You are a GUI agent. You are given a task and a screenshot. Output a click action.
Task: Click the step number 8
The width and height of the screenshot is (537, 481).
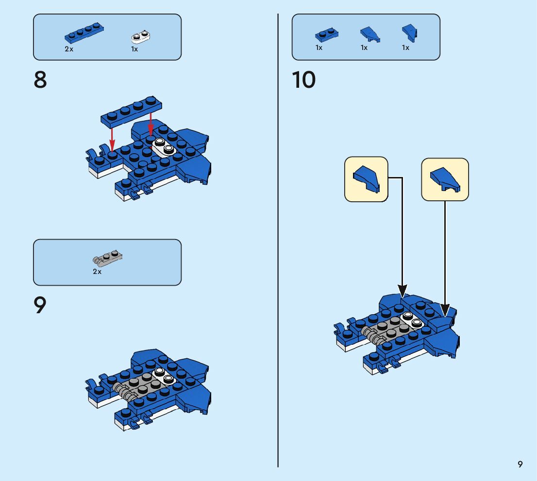(x=40, y=80)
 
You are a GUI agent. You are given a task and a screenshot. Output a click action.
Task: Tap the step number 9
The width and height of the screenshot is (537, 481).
(x=40, y=305)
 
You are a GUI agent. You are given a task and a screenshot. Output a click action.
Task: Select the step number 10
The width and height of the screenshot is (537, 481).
(x=304, y=80)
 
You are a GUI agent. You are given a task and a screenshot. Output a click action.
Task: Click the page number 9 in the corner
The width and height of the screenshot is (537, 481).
(x=520, y=464)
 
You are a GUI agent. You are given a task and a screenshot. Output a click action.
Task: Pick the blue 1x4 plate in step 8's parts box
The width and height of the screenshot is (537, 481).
(x=84, y=33)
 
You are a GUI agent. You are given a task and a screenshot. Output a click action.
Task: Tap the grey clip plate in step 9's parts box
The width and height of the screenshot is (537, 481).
(x=107, y=258)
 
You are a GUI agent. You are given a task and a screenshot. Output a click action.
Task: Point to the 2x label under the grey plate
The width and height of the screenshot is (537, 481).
(x=97, y=272)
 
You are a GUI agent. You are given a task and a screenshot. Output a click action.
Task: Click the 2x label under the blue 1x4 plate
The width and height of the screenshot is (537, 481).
(x=69, y=49)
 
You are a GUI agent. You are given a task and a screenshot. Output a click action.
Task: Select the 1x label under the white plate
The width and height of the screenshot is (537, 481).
(x=134, y=49)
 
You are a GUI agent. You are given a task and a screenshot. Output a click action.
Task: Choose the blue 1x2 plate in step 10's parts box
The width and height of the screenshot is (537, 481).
(x=327, y=34)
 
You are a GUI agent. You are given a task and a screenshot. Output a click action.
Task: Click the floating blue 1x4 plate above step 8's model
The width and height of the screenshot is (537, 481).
(x=131, y=111)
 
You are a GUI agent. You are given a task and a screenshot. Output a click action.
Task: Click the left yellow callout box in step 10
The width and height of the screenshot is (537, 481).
(x=366, y=179)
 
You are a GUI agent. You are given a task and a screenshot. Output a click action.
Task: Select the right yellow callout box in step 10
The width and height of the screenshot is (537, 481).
(x=445, y=179)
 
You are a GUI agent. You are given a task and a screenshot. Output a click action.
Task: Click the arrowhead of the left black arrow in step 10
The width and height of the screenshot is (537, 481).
(x=403, y=291)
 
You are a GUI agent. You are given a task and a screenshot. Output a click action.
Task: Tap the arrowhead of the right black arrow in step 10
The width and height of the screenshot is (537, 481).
(x=445, y=311)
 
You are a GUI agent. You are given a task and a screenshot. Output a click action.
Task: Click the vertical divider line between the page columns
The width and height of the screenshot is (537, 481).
(x=278, y=240)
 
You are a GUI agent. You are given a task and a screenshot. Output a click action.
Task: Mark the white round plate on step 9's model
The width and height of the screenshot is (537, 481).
(x=164, y=376)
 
